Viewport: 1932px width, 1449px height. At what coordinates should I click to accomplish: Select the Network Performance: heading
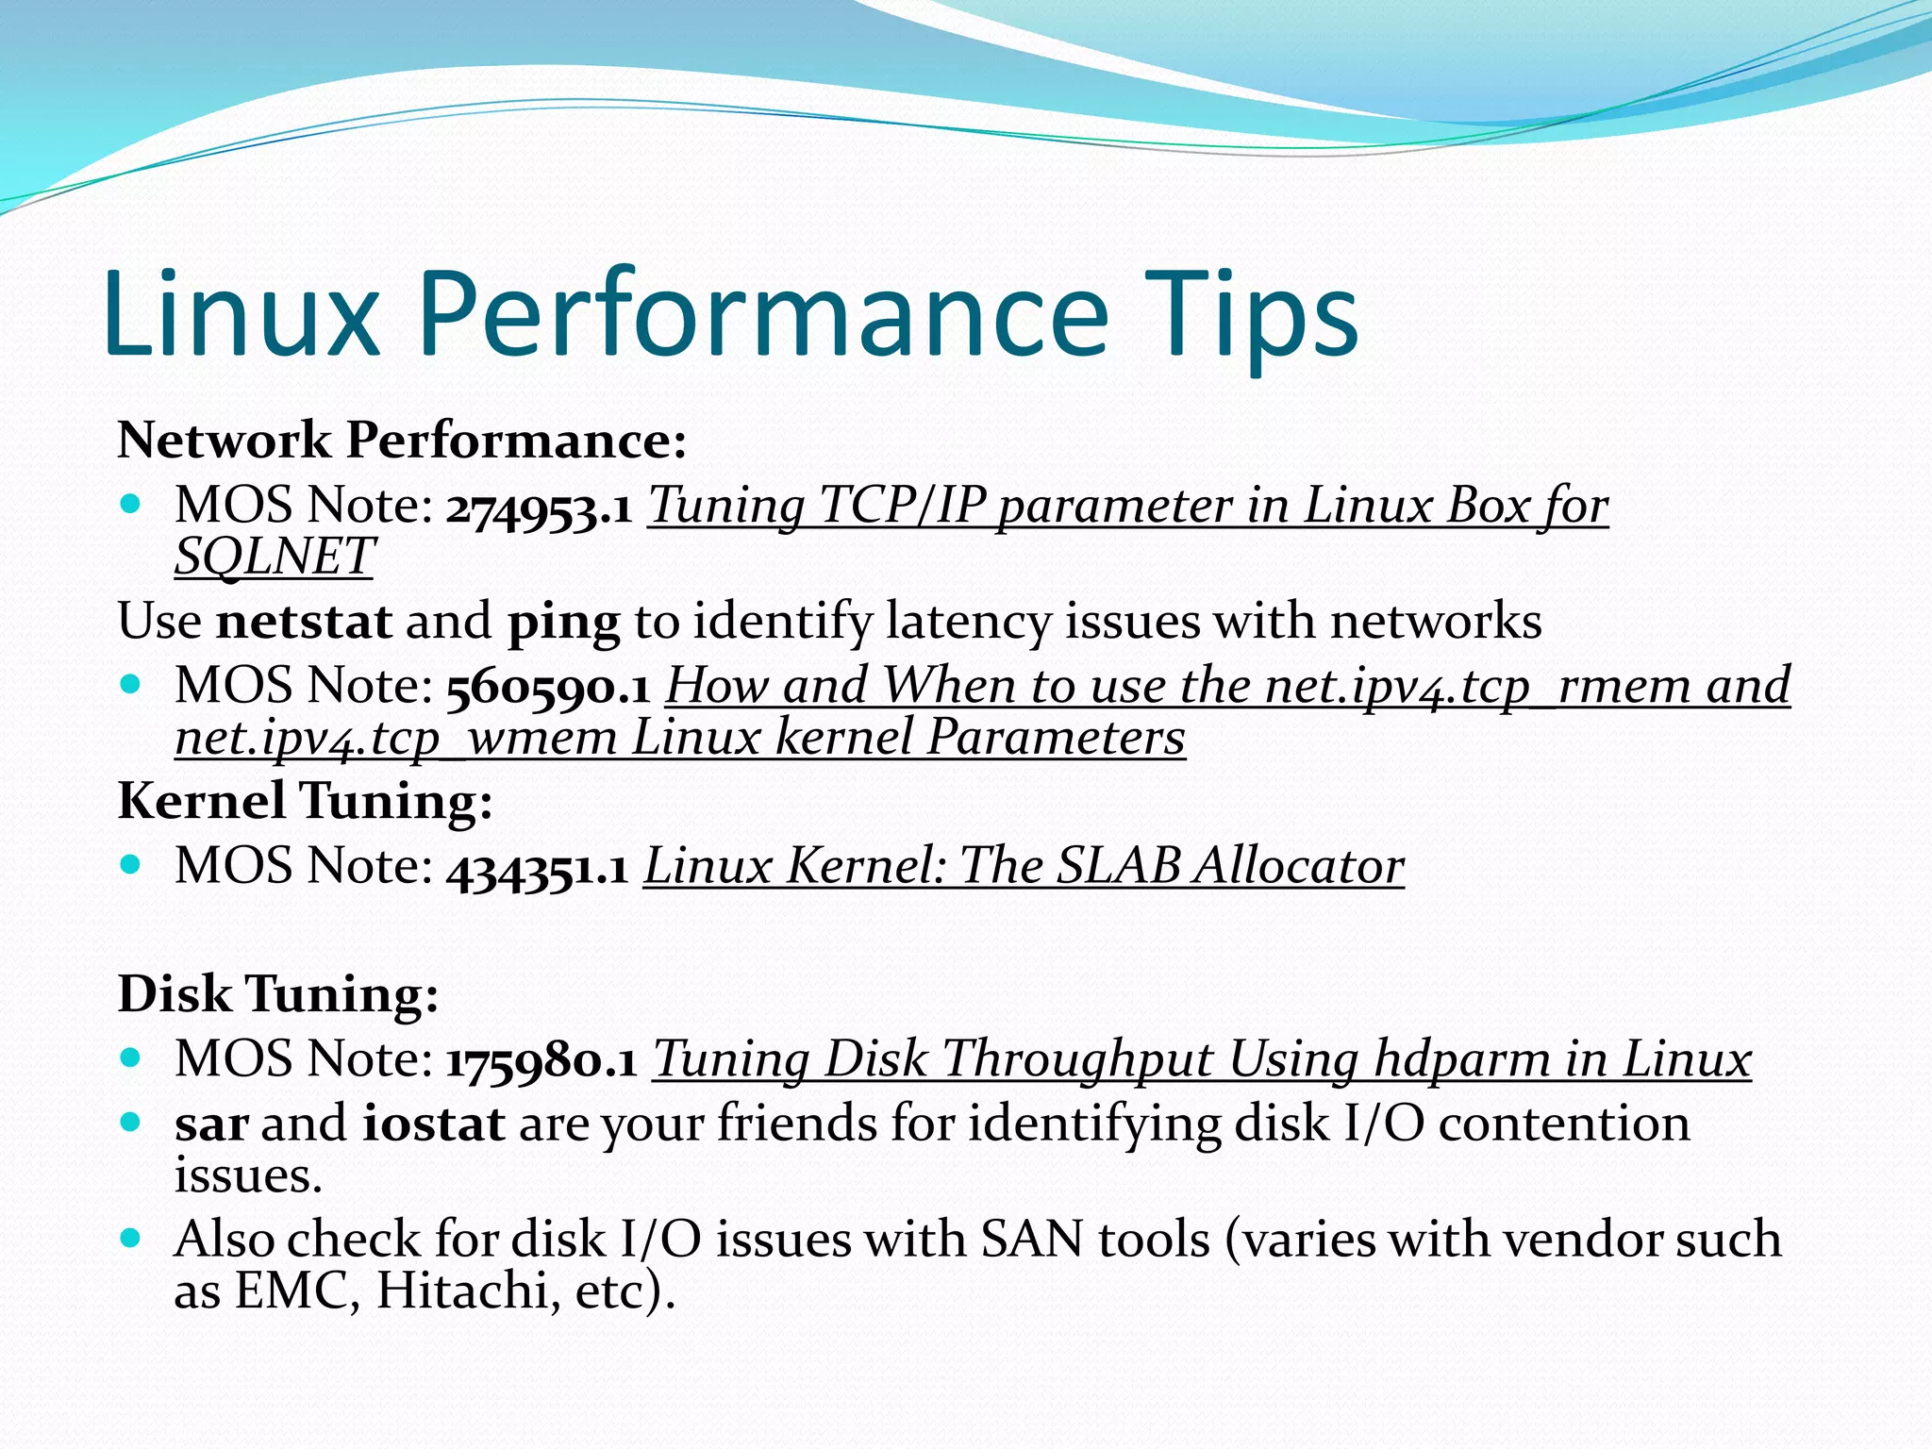click(x=402, y=441)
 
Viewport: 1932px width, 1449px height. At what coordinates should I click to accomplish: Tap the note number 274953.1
click(x=539, y=508)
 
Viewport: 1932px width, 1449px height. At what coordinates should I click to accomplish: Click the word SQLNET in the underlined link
click(x=275, y=556)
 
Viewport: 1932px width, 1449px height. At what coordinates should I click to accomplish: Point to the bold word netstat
click(x=304, y=623)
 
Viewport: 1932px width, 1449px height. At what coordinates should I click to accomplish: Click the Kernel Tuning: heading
click(x=305, y=802)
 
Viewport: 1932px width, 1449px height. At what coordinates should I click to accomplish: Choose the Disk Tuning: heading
click(x=278, y=994)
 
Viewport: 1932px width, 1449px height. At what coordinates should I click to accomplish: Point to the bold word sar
click(x=211, y=1124)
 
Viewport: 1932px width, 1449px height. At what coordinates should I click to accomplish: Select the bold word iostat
click(x=433, y=1124)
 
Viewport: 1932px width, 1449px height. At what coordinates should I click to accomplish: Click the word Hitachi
click(x=461, y=1291)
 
